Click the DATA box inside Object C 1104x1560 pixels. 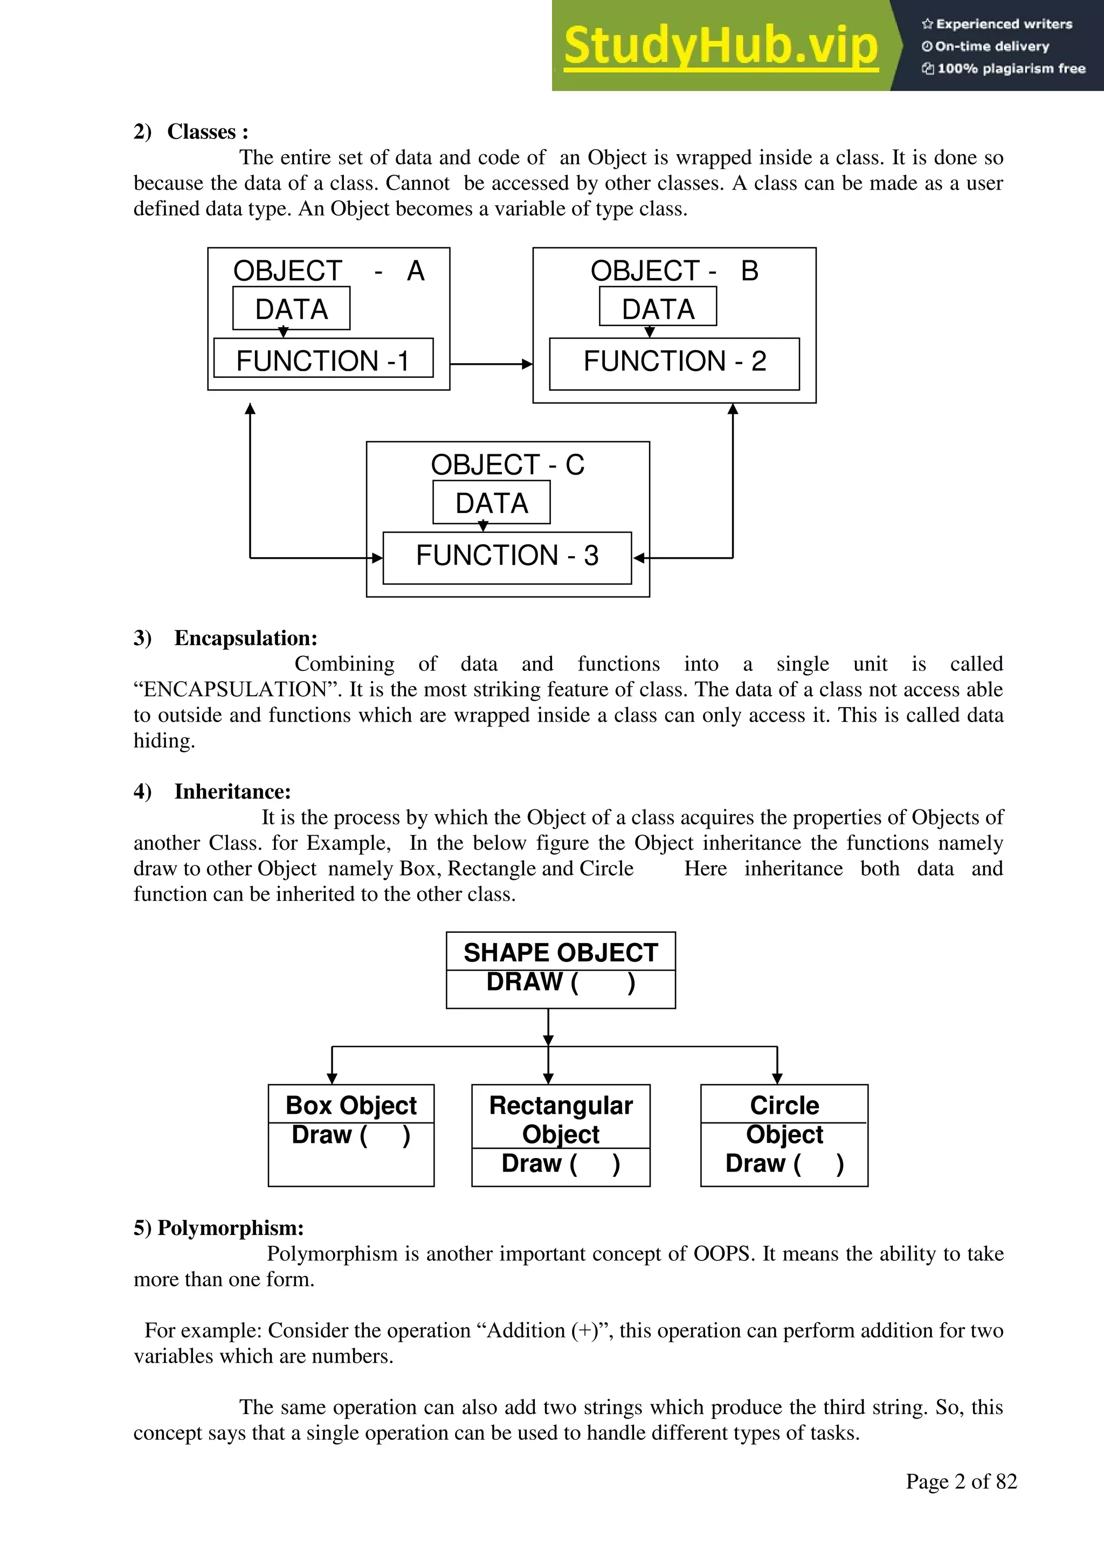pyautogui.click(x=492, y=503)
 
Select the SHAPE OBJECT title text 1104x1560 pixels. pyautogui.click(x=561, y=953)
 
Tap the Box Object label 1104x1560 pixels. pyautogui.click(x=351, y=1105)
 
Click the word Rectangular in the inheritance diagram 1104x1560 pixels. pyautogui.click(x=561, y=1105)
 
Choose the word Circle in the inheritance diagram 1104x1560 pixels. pyautogui.click(x=784, y=1105)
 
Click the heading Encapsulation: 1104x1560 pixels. pyautogui.click(x=245, y=638)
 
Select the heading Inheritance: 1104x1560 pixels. pyautogui.click(x=232, y=792)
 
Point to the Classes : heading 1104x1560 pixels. pyautogui.click(x=208, y=132)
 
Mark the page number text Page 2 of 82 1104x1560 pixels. pyautogui.click(x=961, y=1481)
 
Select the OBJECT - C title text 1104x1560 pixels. pyautogui.click(x=507, y=464)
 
